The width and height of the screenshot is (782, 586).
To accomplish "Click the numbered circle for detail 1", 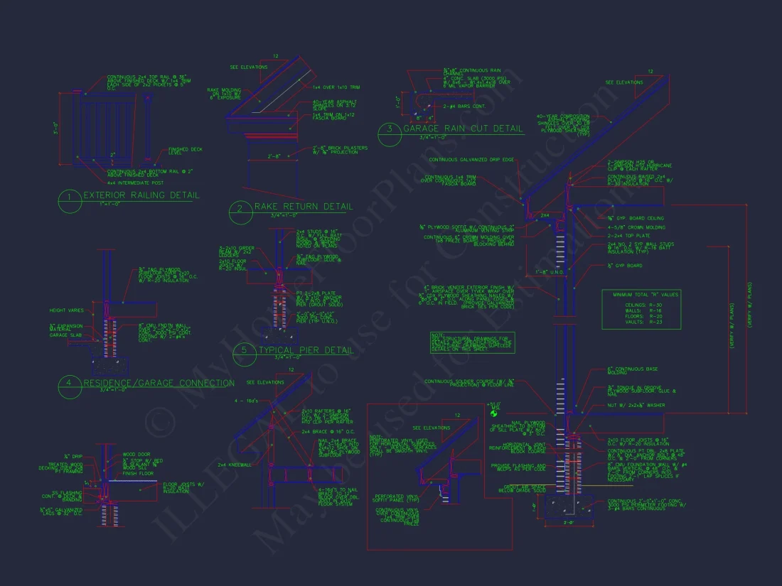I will pyautogui.click(x=69, y=202).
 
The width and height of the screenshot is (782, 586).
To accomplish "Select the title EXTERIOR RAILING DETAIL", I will pyautogui.click(x=141, y=195).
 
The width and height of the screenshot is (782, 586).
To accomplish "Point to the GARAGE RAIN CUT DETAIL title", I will pyautogui.click(x=463, y=129).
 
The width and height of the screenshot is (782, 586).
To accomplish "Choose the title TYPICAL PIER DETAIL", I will pyautogui.click(x=306, y=350).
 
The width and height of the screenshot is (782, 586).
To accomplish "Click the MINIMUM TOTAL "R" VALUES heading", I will pyautogui.click(x=640, y=294).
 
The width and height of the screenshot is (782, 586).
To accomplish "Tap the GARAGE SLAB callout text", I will pyautogui.click(x=65, y=335).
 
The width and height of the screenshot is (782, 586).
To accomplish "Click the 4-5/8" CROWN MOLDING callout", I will pyautogui.click(x=636, y=227).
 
